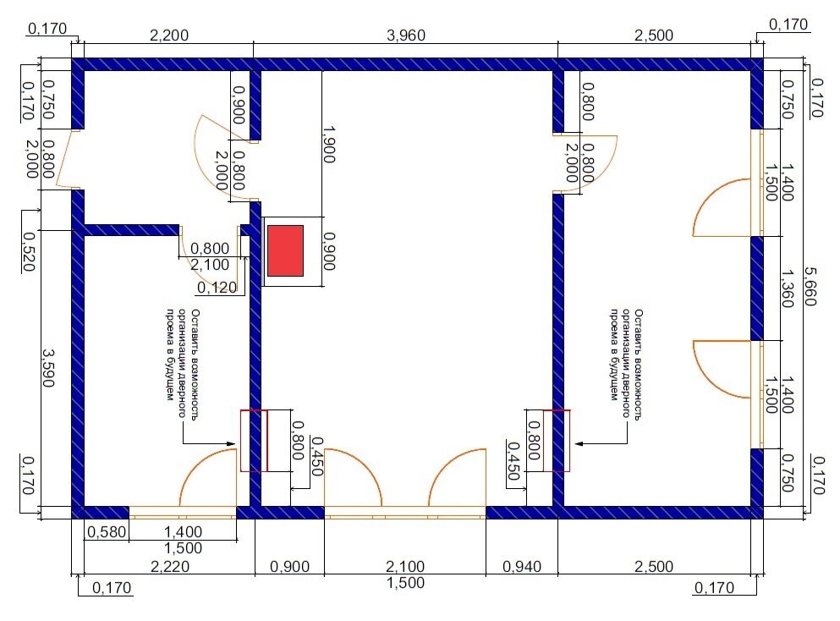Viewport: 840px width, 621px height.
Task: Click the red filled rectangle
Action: pos(286,250)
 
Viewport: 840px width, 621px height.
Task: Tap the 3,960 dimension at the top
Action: pos(405,36)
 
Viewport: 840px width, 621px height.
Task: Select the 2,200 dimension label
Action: pos(168,36)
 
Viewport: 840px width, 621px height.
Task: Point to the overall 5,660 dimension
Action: pos(810,287)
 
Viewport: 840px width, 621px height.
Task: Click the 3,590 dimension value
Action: pos(48,368)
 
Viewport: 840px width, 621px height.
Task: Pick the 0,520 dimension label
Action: pos(29,252)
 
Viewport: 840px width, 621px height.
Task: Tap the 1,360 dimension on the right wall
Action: pos(787,289)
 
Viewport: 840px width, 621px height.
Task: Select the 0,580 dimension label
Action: pos(107,532)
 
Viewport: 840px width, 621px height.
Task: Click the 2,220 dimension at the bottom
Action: pos(170,566)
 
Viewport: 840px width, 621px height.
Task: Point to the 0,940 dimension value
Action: pos(521,566)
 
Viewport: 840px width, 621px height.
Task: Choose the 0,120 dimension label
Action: pos(217,288)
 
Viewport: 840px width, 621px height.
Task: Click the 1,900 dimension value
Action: pos(329,145)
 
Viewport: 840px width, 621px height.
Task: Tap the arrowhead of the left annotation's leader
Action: pos(232,443)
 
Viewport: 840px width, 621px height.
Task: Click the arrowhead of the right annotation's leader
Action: pos(579,443)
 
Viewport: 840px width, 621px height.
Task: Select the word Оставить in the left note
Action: pos(195,327)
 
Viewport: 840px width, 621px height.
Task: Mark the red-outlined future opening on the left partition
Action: pos(254,441)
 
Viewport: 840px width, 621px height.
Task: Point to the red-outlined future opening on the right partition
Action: pos(557,441)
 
